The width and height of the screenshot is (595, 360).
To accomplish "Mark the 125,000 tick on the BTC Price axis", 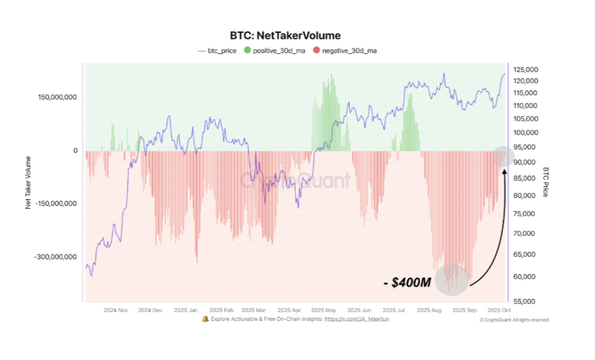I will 525,70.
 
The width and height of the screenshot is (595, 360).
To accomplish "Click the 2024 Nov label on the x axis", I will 115,311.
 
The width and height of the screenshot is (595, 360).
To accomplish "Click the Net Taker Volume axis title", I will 28,182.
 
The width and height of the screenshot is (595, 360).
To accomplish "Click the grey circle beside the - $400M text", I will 451,279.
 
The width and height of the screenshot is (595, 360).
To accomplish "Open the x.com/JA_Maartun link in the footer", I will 357,319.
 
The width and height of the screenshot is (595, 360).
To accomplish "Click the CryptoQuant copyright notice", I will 514,319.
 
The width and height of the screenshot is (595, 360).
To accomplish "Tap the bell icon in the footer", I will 205,319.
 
